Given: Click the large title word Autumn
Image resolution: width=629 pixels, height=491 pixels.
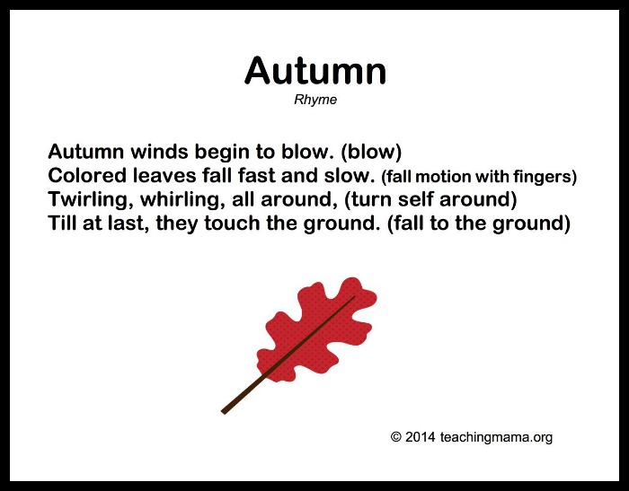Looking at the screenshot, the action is (x=314, y=71).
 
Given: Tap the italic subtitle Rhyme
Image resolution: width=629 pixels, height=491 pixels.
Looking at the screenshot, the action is (x=315, y=101).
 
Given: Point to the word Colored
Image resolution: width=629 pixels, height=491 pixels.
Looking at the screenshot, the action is (x=87, y=176).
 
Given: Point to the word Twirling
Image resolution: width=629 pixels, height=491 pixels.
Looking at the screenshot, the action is (x=91, y=200).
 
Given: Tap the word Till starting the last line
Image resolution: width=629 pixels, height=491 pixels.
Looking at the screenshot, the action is (x=63, y=223).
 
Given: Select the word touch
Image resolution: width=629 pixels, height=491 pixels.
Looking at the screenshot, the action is (x=232, y=223).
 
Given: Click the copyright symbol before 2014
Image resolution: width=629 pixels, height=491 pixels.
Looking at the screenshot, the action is (x=396, y=436).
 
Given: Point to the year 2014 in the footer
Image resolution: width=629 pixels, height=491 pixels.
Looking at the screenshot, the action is (x=420, y=436).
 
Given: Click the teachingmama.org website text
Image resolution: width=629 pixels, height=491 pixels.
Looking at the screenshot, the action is (x=496, y=437).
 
